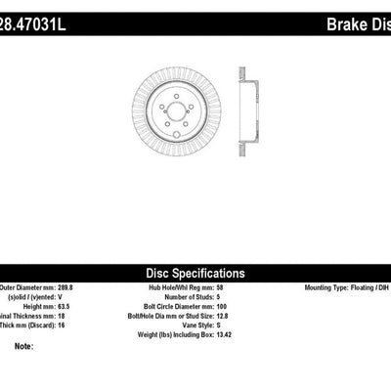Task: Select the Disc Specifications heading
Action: (x=195, y=274)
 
